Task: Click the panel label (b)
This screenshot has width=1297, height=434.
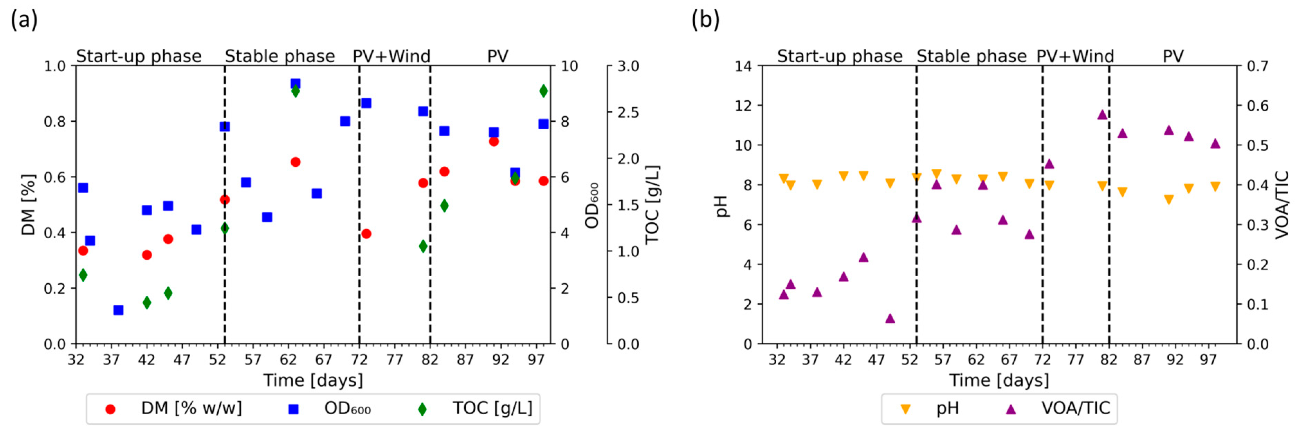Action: [705, 21]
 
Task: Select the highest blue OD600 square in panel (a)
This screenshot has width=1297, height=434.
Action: [295, 84]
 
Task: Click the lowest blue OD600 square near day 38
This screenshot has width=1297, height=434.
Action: [118, 310]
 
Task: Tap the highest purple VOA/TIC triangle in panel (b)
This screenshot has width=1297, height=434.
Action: [1102, 115]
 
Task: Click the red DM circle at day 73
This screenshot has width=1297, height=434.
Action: [366, 234]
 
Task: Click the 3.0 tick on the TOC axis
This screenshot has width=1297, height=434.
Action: [628, 66]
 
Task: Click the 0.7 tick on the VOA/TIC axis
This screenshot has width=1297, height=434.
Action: [1257, 66]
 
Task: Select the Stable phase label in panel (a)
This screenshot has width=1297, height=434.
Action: [280, 56]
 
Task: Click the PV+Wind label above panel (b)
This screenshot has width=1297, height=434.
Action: [1075, 56]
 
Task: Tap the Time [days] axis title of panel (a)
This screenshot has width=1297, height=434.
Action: [313, 380]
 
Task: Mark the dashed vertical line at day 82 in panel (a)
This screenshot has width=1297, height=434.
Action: [430, 201]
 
